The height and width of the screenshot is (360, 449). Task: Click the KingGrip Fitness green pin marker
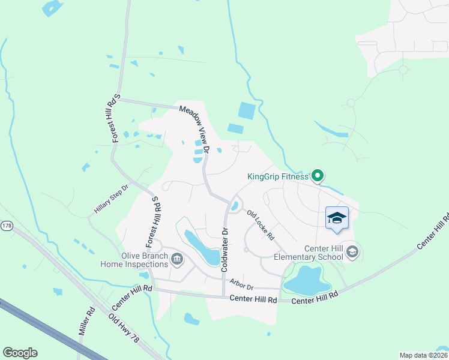(x=318, y=176)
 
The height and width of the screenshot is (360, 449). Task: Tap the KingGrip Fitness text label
(x=278, y=176)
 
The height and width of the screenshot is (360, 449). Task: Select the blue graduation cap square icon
(x=337, y=218)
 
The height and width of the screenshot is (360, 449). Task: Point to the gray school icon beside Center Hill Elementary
(x=352, y=251)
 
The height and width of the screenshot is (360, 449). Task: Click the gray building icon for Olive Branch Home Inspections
(x=177, y=259)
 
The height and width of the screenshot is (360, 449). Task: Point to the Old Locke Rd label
(x=261, y=224)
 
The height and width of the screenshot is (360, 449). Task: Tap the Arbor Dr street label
(x=241, y=284)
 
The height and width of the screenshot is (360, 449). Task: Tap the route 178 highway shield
(x=7, y=226)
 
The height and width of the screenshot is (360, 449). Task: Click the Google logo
(x=20, y=352)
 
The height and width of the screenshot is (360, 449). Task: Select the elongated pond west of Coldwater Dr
(x=202, y=247)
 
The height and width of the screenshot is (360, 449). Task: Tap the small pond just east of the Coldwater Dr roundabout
(x=234, y=206)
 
